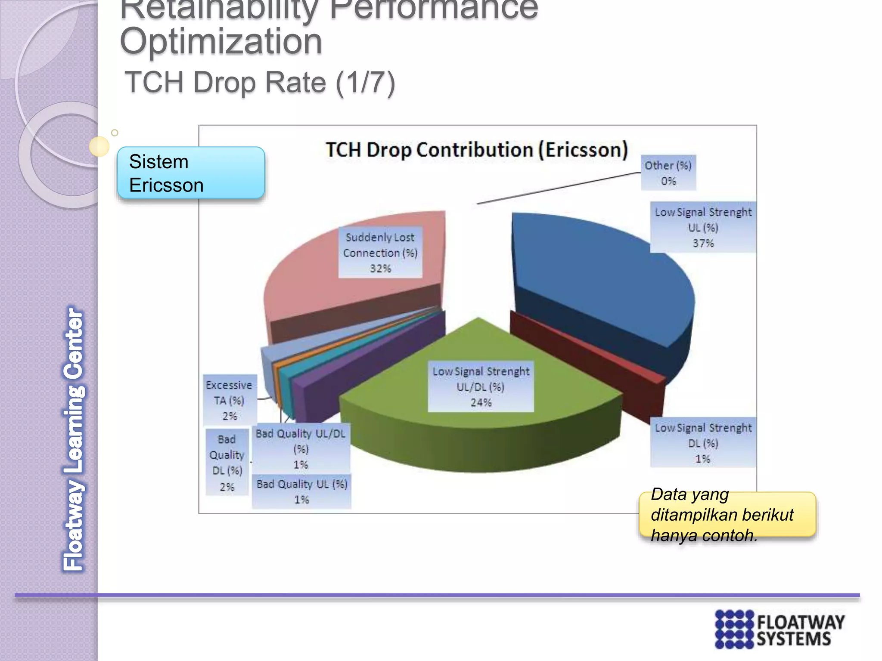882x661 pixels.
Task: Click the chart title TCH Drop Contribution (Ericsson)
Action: pyautogui.click(x=476, y=150)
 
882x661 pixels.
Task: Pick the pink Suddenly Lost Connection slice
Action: pyautogui.click(x=310, y=280)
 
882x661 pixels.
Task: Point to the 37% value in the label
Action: pyautogui.click(x=703, y=244)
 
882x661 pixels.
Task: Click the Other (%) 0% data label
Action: pyautogui.click(x=668, y=173)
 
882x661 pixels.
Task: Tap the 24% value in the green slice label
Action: pyautogui.click(x=481, y=403)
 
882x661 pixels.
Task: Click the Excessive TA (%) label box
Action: pyautogui.click(x=229, y=400)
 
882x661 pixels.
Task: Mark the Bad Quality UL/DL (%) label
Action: pyautogui.click(x=301, y=448)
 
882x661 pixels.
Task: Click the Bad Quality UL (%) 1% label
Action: pyautogui.click(x=301, y=491)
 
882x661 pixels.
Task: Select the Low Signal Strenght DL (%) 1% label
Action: pyautogui.click(x=703, y=443)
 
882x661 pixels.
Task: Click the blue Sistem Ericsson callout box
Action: pyautogui.click(x=191, y=173)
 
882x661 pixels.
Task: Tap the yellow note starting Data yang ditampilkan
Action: pyautogui.click(x=727, y=515)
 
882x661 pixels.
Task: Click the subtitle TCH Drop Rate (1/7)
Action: pyautogui.click(x=260, y=83)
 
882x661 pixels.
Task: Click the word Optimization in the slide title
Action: pyautogui.click(x=221, y=42)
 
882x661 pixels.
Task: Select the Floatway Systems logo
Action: pyautogui.click(x=780, y=629)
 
